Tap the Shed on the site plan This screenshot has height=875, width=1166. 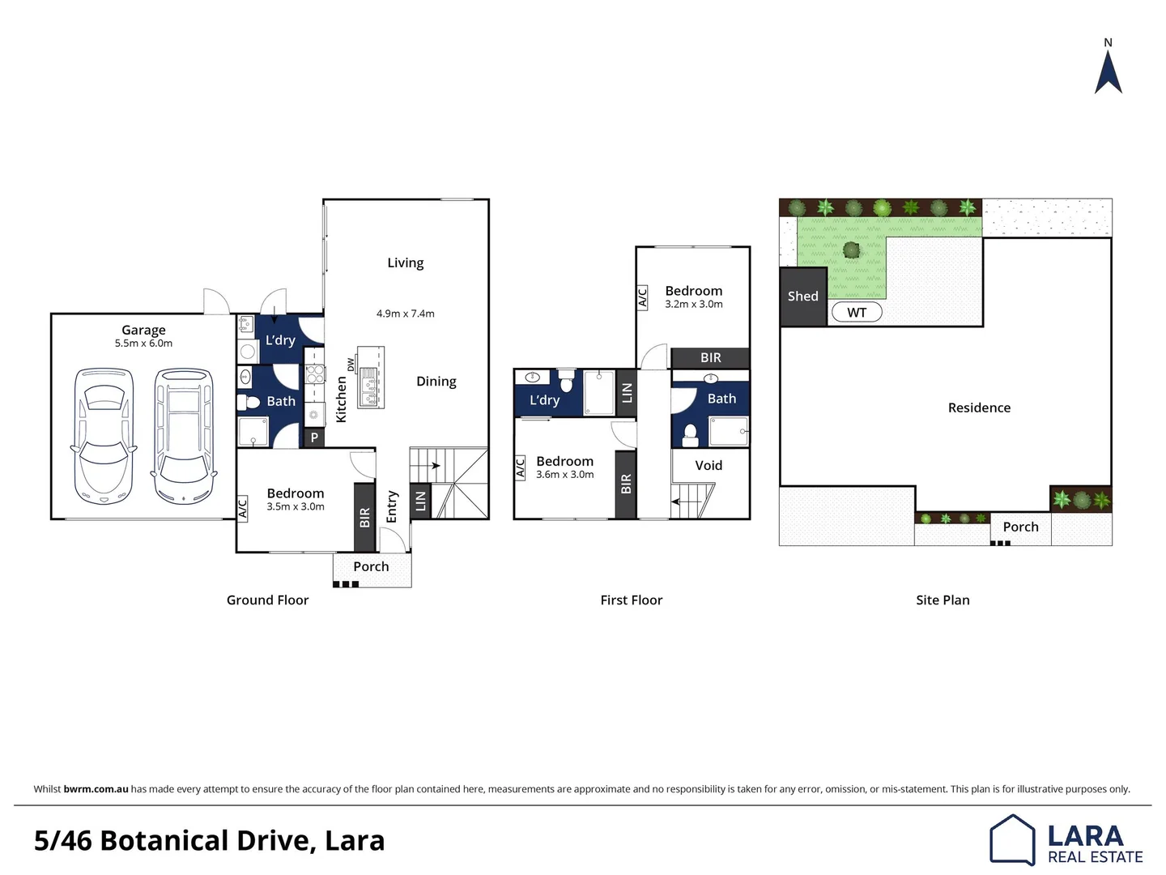[x=802, y=297]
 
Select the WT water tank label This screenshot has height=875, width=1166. [x=857, y=313]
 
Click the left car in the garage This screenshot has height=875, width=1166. [x=104, y=436]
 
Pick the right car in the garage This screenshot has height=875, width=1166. [x=184, y=436]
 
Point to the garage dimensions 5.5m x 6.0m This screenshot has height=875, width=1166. [x=143, y=344]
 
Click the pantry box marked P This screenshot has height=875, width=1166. [x=314, y=437]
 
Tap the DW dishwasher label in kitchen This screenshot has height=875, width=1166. [x=351, y=365]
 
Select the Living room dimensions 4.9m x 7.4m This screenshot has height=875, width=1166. [x=405, y=314]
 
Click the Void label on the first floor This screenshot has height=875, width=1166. [x=709, y=465]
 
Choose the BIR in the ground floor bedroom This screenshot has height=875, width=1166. [x=364, y=517]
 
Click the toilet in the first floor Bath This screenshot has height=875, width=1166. [x=690, y=436]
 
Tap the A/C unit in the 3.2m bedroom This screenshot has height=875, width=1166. [x=642, y=297]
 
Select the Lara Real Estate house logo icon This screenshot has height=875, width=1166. [x=1012, y=839]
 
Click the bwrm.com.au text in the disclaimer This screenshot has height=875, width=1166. [x=96, y=789]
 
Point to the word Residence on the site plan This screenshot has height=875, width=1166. [x=979, y=408]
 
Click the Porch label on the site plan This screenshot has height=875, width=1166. [x=1020, y=527]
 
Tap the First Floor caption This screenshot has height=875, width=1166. [x=631, y=600]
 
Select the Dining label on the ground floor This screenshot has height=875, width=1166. [x=436, y=382]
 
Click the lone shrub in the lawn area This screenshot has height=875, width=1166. [x=851, y=250]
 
